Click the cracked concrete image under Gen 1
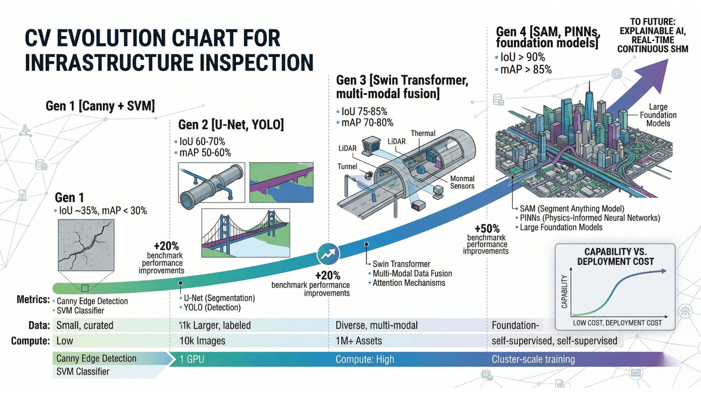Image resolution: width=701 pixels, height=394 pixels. pyautogui.click(x=86, y=245)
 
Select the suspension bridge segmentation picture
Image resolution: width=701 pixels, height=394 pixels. pyautogui.click(x=245, y=233)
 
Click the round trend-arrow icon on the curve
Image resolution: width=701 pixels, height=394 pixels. pyautogui.click(x=328, y=254)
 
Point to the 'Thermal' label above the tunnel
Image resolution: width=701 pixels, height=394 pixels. pyautogui.click(x=423, y=134)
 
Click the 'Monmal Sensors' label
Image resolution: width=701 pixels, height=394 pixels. pyautogui.click(x=462, y=182)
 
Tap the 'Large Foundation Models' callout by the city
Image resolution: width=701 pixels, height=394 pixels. pyautogui.click(x=658, y=115)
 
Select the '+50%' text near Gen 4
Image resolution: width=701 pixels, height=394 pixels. pyautogui.click(x=487, y=229)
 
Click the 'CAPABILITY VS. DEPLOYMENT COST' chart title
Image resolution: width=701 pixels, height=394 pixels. pyautogui.click(x=615, y=256)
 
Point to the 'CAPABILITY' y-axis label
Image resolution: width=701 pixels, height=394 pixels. pyautogui.click(x=564, y=291)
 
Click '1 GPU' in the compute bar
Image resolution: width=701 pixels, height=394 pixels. pyautogui.click(x=192, y=359)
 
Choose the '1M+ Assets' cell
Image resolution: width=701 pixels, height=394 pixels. pyautogui.click(x=359, y=341)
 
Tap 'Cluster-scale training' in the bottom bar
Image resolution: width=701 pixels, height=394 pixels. pyautogui.click(x=533, y=359)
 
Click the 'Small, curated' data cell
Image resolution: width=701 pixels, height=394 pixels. pyautogui.click(x=85, y=325)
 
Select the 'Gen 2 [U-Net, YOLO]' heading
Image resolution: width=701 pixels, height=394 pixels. pyautogui.click(x=231, y=125)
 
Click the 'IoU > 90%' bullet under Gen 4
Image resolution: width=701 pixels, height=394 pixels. pyautogui.click(x=522, y=57)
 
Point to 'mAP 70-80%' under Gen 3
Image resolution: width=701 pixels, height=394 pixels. pyautogui.click(x=367, y=123)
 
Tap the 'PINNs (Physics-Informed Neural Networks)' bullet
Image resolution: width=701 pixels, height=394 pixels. pyautogui.click(x=590, y=218)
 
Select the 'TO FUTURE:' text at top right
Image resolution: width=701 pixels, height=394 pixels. pyautogui.click(x=652, y=22)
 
